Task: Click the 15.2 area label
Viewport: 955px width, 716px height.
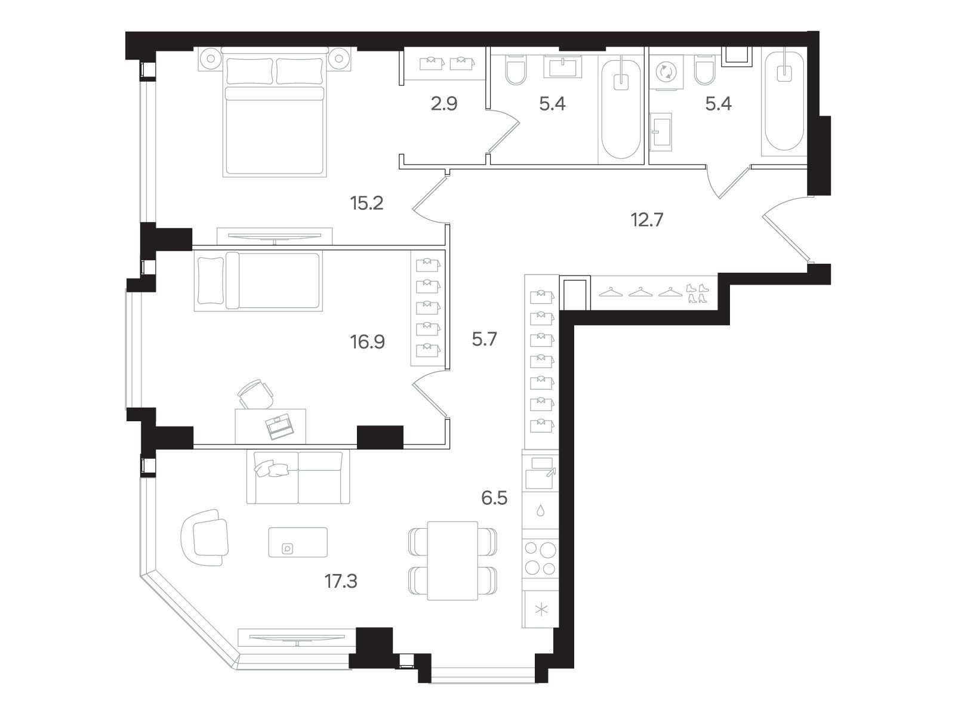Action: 366,203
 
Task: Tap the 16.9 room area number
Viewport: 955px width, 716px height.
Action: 367,342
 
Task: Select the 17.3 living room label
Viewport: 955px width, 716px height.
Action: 341,581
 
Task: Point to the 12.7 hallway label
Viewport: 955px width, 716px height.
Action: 647,220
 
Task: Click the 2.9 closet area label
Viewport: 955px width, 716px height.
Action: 444,104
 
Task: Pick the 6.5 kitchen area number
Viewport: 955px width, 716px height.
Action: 494,498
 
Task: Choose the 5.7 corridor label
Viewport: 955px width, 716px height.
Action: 484,339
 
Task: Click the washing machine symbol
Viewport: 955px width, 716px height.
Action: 666,72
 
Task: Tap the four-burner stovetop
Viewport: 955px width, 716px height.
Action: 540,558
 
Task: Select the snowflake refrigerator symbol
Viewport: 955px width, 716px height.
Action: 541,610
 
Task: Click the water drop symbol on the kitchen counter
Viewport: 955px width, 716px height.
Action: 540,510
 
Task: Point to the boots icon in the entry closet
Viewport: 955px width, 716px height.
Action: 697,293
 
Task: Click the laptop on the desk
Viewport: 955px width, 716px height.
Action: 279,427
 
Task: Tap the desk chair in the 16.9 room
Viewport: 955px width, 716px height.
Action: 256,394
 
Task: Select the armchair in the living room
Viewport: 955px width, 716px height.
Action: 205,538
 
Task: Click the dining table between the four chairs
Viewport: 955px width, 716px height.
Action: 452,561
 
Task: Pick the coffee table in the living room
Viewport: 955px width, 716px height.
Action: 298,542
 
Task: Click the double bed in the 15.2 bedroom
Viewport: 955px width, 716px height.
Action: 275,112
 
